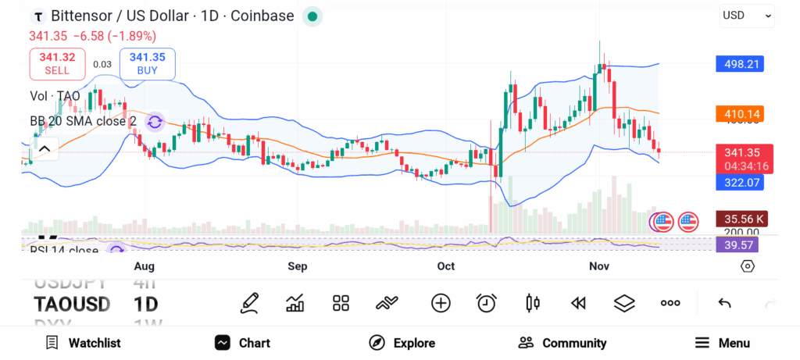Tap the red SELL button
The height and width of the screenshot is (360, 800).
[x=56, y=63]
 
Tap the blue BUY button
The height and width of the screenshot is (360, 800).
[x=147, y=63]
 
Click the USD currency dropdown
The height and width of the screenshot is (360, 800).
[x=746, y=15]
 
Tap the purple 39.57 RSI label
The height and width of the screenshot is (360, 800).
[x=737, y=245]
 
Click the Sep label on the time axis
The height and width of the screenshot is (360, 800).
[x=297, y=266]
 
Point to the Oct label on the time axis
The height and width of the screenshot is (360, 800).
[x=445, y=266]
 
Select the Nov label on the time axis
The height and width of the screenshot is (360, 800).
[x=598, y=266]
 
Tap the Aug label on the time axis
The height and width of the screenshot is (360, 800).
[x=144, y=266]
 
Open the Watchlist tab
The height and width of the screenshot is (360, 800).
[x=83, y=343]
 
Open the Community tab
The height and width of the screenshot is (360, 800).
[x=562, y=343]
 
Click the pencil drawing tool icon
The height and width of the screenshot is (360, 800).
[x=249, y=303]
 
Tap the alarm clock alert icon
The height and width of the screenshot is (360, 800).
[x=487, y=303]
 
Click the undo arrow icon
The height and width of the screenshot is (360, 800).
[x=724, y=303]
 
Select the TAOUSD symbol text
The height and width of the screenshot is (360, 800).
[x=72, y=304]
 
